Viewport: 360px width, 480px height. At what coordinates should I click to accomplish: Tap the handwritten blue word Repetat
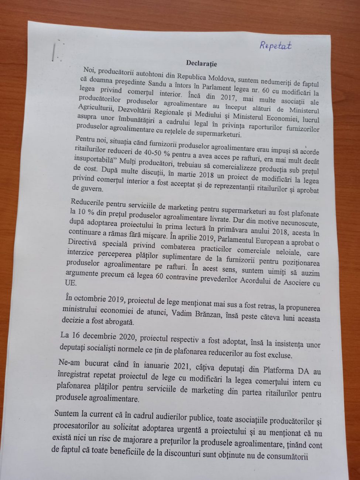275,45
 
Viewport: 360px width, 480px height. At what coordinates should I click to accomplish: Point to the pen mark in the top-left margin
55,52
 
